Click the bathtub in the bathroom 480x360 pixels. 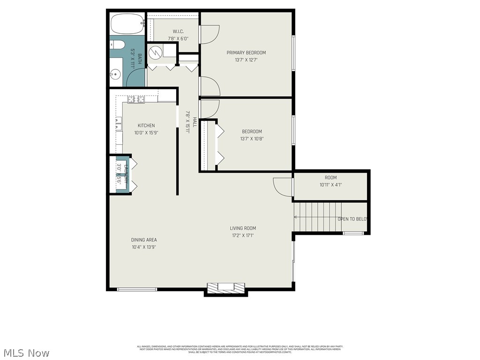pyautogui.click(x=127, y=23)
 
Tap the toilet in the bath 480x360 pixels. pyautogui.click(x=117, y=45)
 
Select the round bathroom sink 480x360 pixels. pyautogui.click(x=115, y=74)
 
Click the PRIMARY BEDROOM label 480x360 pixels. pyautogui.click(x=246, y=52)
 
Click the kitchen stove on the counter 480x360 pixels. pyautogui.click(x=136, y=99)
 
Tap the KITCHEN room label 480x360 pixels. pyautogui.click(x=146, y=126)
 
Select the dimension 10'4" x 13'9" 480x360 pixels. pyautogui.click(x=144, y=247)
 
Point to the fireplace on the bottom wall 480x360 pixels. pyautogui.click(x=226, y=288)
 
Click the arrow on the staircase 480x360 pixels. pyautogui.click(x=296, y=217)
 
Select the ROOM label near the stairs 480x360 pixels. pyautogui.click(x=330, y=178)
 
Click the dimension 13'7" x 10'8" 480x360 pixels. pyautogui.click(x=252, y=138)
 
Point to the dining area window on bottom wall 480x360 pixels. pyautogui.click(x=137, y=289)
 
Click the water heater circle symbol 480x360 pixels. pyautogui.click(x=154, y=53)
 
